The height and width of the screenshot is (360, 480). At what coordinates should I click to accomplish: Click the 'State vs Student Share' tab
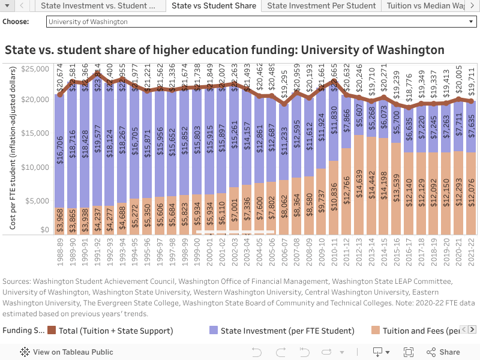point(213,6)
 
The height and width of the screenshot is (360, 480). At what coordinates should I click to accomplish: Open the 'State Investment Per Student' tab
point(321,6)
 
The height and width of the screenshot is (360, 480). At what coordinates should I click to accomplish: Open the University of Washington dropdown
point(261,22)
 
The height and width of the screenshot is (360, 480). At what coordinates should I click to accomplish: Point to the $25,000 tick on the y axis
point(35,69)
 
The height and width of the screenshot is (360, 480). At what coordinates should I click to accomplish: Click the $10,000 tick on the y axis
point(35,166)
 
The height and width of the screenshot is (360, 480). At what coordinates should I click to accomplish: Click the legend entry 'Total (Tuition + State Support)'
point(110,331)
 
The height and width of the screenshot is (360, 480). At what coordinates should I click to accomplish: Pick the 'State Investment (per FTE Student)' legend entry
point(281,331)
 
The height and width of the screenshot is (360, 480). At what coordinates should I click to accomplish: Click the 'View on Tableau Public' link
point(67,352)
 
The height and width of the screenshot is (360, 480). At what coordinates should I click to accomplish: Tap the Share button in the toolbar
point(443,352)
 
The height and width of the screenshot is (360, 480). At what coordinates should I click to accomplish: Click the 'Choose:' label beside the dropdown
point(16,22)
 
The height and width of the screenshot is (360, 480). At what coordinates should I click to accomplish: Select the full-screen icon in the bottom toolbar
point(409,352)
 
